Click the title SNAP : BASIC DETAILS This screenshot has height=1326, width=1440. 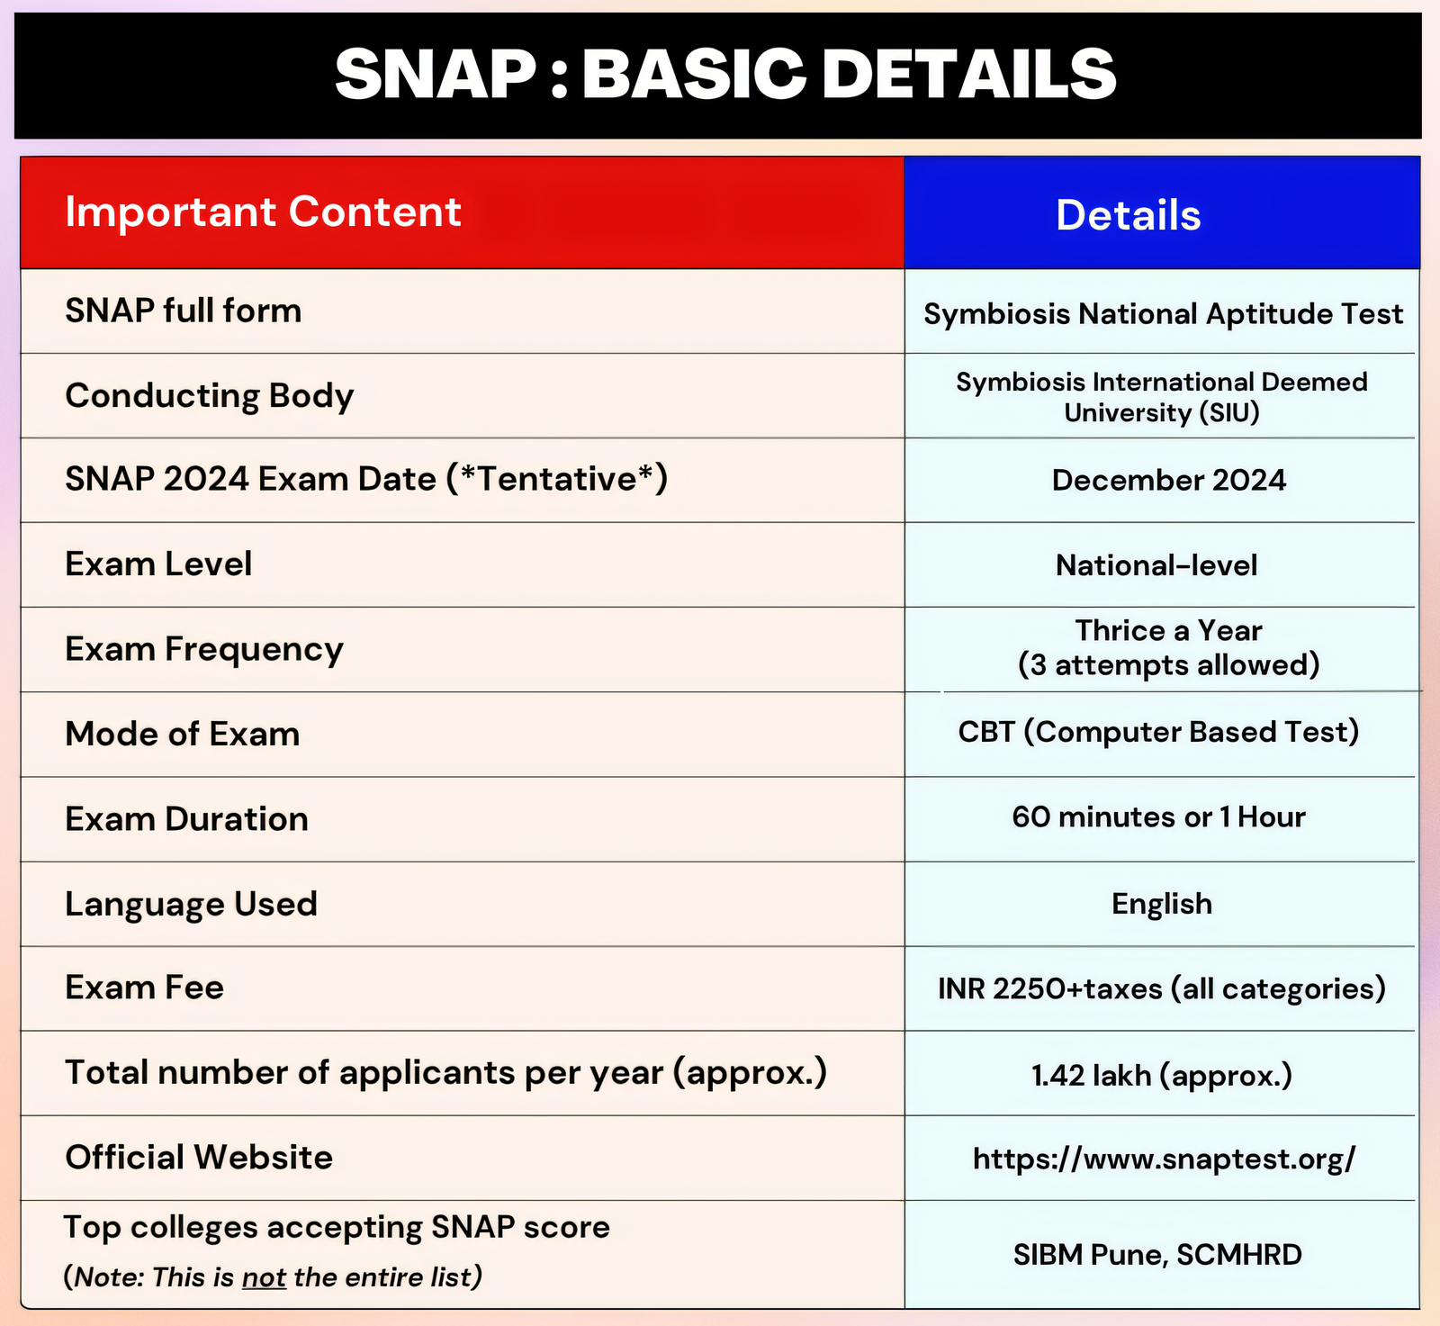coord(725,74)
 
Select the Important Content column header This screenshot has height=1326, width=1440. coord(263,212)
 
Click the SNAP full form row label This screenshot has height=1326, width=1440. coord(184,311)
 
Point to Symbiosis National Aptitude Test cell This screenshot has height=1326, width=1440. coord(1163,314)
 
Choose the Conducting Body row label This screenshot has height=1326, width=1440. coord(210,396)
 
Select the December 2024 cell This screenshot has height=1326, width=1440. coord(1169,480)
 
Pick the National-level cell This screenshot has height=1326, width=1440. coord(1156,565)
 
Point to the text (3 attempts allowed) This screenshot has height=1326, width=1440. coord(1169,665)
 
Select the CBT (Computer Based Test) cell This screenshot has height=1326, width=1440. coord(1158,732)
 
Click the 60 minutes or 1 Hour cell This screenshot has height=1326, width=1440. coord(1158,816)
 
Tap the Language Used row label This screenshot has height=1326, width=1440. coord(192,905)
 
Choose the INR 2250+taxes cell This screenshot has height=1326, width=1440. coord(1162,989)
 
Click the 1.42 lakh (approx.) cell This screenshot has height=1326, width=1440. coord(1162,1075)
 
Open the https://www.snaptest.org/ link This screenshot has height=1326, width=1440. coord(1164,1159)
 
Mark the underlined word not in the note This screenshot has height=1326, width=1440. coord(264,1277)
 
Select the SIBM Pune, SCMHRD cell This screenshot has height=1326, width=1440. coord(1157,1255)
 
